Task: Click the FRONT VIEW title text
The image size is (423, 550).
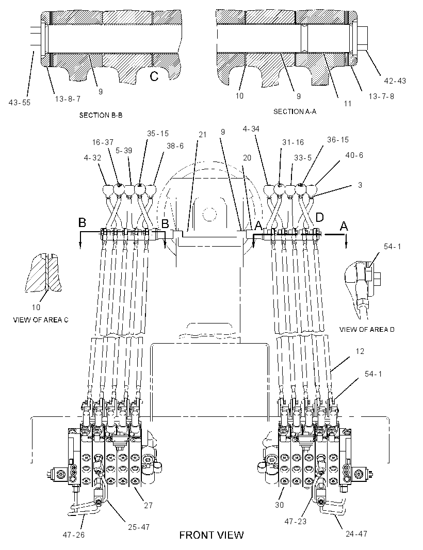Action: coord(211,535)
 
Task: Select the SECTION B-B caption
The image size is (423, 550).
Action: coord(101,115)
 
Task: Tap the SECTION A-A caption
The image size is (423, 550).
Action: coord(295,111)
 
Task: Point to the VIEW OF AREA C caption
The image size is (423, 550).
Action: coord(41,320)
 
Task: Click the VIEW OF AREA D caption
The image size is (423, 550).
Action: coord(367,329)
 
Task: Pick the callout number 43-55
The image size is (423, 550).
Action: coord(20,103)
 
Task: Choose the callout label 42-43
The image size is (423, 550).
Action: coord(395,80)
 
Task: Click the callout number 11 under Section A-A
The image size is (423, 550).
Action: coord(347,104)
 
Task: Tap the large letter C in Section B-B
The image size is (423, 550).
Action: coord(154,76)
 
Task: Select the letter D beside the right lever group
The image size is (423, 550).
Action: coord(319,218)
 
